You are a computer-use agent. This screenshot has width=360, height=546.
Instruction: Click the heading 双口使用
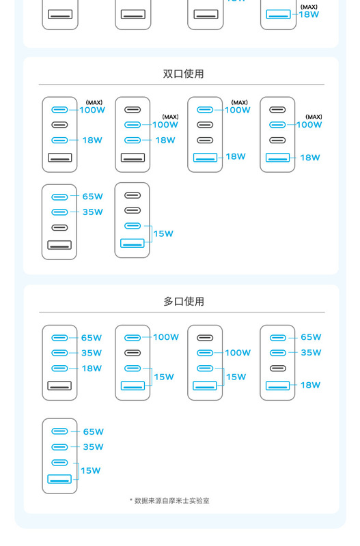click(183, 74)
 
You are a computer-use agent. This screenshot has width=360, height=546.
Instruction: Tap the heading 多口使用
click(184, 302)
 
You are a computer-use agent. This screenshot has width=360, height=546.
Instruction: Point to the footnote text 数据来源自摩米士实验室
click(172, 501)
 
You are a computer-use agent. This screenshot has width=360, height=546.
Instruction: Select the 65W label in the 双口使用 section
click(93, 197)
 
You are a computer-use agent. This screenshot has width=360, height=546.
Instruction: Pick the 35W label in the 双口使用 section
click(93, 212)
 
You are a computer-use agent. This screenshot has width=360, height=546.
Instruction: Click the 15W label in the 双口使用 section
click(163, 233)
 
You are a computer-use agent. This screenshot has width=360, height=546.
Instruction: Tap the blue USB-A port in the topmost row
click(278, 14)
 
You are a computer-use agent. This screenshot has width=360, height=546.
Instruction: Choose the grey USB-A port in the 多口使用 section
click(59, 386)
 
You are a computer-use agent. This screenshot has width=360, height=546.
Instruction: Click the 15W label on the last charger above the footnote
click(91, 471)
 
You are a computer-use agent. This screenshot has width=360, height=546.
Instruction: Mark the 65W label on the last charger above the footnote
click(94, 432)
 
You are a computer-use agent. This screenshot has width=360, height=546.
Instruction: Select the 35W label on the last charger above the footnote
click(94, 447)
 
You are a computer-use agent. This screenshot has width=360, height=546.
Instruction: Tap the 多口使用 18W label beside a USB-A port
click(311, 385)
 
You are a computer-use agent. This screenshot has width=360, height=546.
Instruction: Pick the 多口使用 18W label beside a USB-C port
click(92, 369)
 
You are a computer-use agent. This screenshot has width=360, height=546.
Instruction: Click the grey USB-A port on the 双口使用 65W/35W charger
click(59, 245)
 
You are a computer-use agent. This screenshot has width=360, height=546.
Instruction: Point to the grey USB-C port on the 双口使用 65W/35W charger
click(59, 228)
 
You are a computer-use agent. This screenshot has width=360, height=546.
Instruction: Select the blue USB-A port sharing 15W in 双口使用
click(133, 243)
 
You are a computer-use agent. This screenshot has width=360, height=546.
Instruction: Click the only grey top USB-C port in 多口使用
click(205, 338)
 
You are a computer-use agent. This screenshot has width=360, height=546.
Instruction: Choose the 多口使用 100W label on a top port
click(166, 337)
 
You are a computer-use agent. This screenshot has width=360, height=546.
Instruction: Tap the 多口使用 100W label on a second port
click(238, 353)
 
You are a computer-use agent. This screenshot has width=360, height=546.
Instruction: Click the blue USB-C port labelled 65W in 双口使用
click(59, 197)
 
